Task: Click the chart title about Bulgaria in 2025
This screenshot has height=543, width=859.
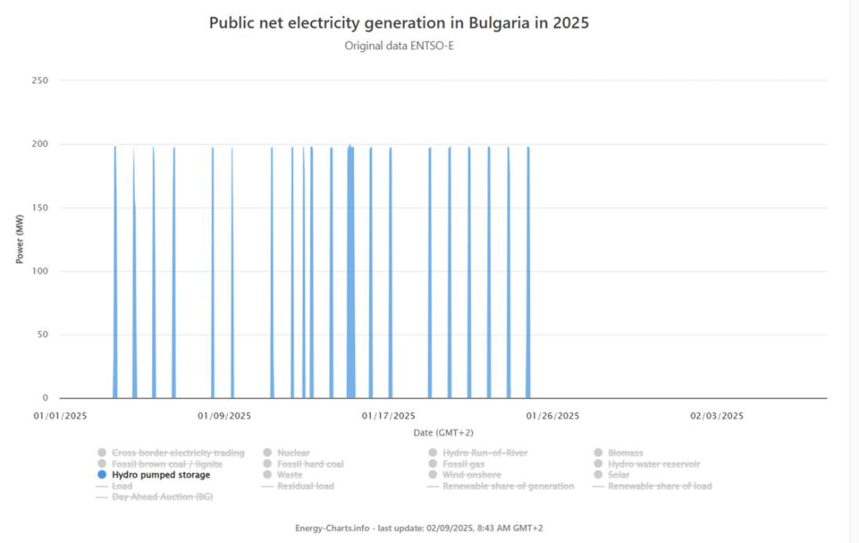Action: [398, 23]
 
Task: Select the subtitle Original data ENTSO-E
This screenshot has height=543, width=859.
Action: [398, 46]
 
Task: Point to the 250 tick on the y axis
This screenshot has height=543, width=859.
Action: [40, 80]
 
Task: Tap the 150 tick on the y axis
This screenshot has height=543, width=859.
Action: [40, 208]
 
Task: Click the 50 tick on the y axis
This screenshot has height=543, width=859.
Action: [42, 335]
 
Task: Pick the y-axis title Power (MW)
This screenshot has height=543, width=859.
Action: [20, 239]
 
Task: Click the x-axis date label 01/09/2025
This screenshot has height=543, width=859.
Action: [224, 416]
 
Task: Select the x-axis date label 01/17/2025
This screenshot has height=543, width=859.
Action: [388, 416]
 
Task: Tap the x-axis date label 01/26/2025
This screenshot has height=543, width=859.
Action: [553, 416]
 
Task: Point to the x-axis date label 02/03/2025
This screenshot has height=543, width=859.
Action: [716, 416]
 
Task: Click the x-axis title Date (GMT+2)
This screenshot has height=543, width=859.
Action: [442, 432]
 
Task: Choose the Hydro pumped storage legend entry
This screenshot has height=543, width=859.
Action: [161, 475]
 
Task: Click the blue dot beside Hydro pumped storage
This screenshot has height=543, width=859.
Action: [102, 475]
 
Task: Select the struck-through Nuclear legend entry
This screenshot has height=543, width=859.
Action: [293, 453]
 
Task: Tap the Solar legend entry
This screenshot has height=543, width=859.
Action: [619, 475]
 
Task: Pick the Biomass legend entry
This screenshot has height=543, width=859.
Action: [625, 453]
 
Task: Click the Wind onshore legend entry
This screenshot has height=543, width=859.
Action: [472, 475]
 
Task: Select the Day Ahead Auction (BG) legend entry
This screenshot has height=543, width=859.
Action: [162, 497]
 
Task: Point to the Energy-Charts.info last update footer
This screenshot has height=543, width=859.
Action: [418, 527]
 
